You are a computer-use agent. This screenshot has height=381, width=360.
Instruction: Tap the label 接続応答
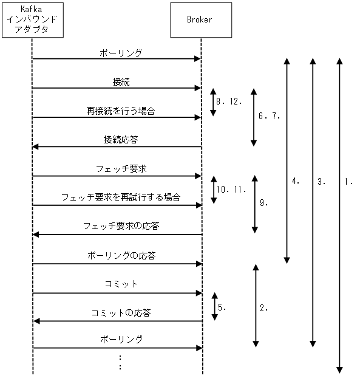pos(121,139)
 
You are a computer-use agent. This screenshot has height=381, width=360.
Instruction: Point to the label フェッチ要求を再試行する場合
pos(121,197)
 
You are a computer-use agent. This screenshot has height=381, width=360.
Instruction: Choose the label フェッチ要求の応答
pos(121,227)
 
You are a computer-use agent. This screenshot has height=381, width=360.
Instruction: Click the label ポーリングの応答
pos(121,256)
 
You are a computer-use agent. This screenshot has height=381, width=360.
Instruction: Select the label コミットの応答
pos(121,314)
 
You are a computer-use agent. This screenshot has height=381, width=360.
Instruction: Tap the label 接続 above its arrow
pos(121,81)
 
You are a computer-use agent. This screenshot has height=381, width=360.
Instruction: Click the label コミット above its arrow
pos(121,284)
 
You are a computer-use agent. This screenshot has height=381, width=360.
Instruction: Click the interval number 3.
pos(321,181)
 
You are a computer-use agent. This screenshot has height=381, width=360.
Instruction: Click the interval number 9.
pos(263,204)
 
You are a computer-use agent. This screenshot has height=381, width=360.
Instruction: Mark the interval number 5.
pos(222,307)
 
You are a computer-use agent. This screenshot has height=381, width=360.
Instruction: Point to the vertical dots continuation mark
pos(121,363)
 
